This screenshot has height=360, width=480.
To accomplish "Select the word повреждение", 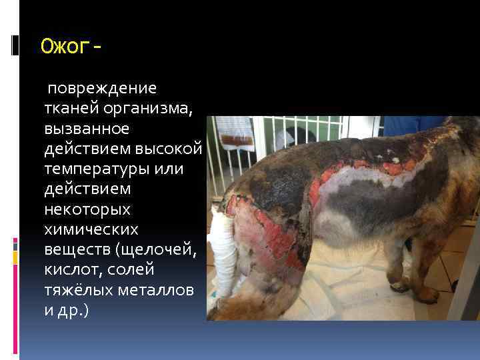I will pos(101,88).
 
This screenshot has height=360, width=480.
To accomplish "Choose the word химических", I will pos(90,230).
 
